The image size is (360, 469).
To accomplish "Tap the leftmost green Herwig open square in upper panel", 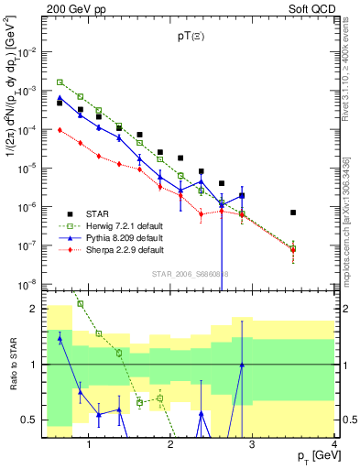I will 60,82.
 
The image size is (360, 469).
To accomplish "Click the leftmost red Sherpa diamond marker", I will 60,130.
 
